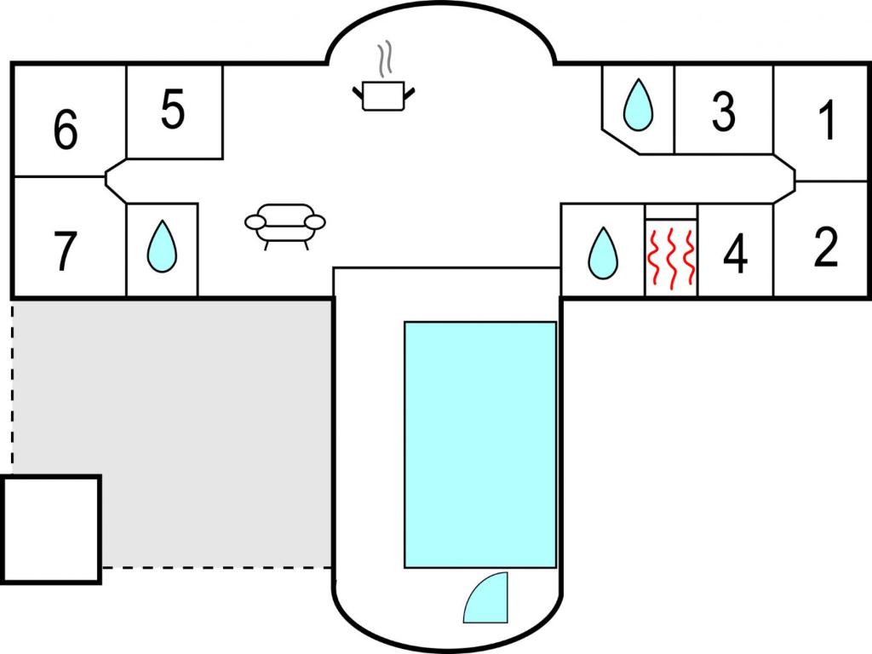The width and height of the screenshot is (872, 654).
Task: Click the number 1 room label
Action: point(827,120)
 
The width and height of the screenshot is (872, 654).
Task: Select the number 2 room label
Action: point(825,246)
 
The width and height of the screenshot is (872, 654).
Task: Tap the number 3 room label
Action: point(724,112)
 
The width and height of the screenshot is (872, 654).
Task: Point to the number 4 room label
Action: point(735,254)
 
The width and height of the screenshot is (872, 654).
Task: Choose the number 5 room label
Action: point(172,109)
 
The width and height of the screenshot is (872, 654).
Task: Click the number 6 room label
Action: point(66,129)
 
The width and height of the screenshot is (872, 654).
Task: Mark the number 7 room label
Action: point(65,251)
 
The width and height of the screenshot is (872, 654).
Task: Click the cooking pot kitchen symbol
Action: point(384,95)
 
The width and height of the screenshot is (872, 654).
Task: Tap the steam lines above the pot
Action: point(385,59)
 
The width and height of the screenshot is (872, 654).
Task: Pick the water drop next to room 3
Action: point(638,105)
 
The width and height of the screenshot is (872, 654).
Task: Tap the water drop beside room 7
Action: point(162,246)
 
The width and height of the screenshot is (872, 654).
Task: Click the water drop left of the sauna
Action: point(603,252)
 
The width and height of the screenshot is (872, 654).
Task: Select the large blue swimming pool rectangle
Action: point(480,445)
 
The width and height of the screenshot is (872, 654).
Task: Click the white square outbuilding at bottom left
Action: point(51,530)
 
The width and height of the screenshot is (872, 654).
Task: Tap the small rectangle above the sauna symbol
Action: point(671,212)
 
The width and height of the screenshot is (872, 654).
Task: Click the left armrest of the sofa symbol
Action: point(255,222)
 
